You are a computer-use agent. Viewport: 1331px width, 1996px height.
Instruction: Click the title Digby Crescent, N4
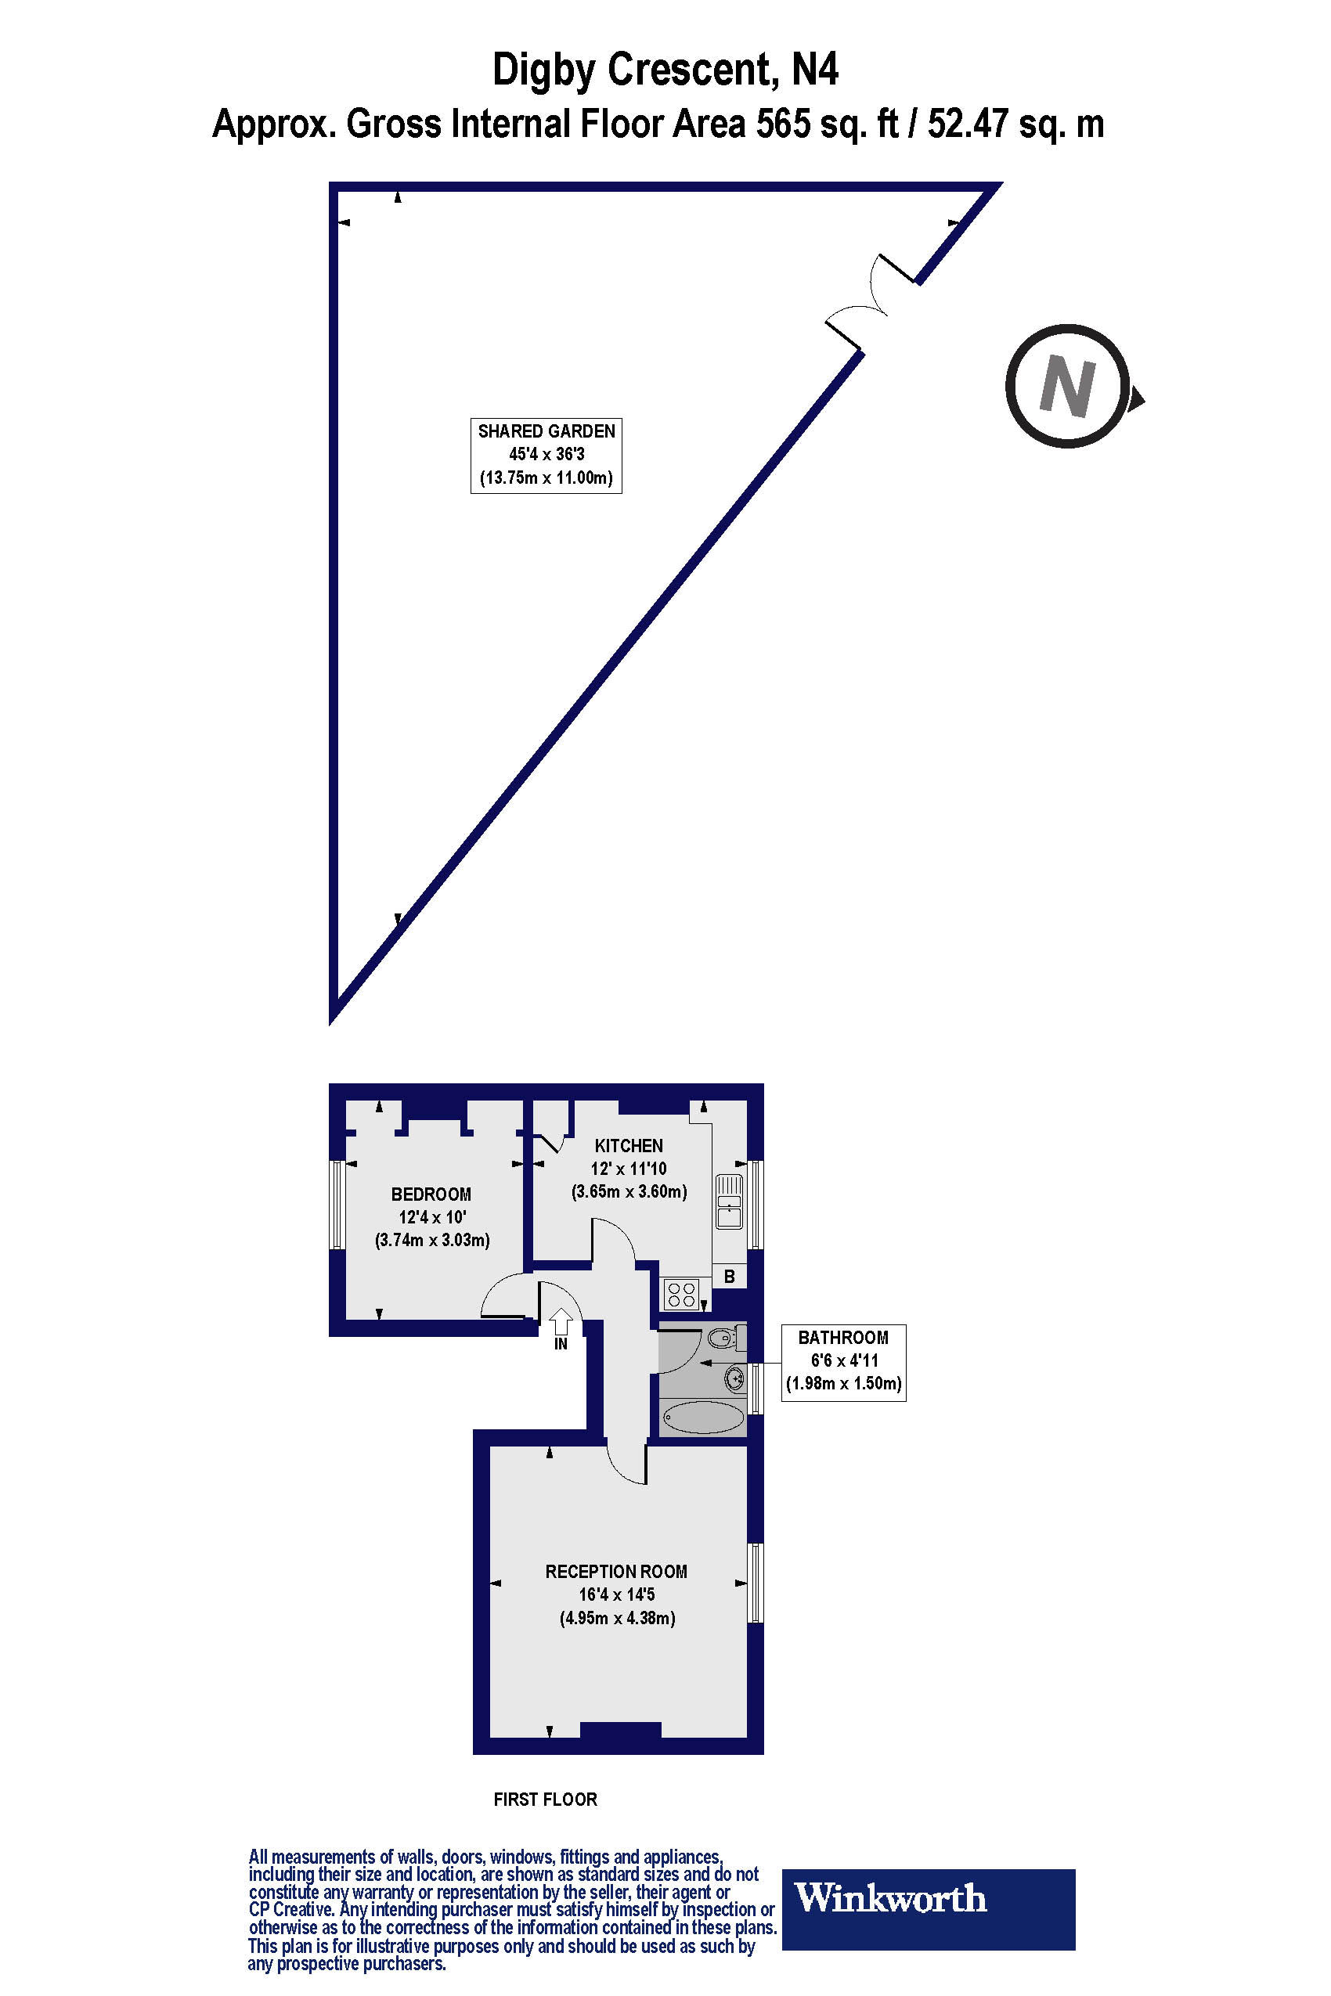[x=665, y=70]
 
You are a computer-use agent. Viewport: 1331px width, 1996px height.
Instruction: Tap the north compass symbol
[x=1068, y=386]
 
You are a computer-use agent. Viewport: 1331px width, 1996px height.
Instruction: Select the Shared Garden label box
[x=546, y=455]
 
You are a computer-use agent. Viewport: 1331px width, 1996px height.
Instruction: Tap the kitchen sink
[x=729, y=1201]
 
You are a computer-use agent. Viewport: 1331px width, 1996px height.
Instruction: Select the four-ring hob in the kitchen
[x=682, y=1294]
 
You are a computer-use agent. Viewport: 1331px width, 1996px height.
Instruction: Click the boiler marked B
[x=729, y=1277]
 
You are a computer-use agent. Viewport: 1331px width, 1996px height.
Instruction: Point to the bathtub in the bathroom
[x=703, y=1417]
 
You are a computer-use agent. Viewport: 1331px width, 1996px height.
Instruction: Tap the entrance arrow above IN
[x=561, y=1320]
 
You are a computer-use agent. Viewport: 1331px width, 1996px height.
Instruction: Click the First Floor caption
[x=545, y=1799]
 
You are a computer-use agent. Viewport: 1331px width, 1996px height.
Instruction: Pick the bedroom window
[x=338, y=1204]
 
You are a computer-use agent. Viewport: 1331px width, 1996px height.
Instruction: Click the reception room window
[x=755, y=1583]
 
